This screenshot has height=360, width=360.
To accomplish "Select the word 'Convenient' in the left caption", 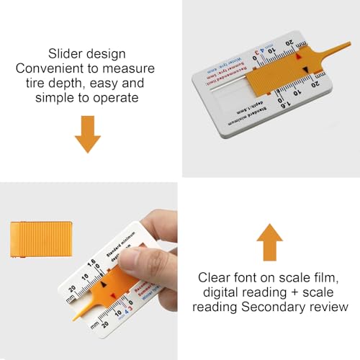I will pyautogui.click(x=56, y=68).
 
